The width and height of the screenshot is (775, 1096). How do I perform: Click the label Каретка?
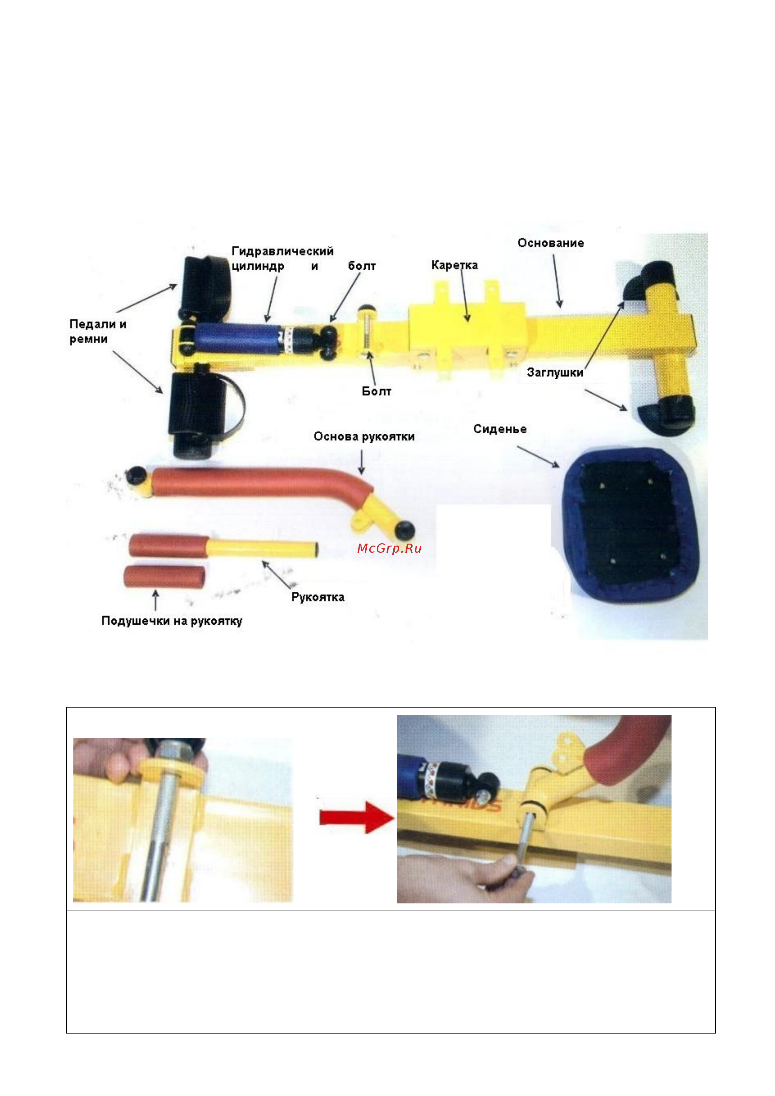pos(454,265)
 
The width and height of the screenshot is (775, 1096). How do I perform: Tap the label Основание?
pos(551,243)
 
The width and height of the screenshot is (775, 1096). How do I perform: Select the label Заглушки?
pos(555,372)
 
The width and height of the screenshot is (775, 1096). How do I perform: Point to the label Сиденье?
pos(500,429)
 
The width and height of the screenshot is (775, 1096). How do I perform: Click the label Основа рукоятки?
pos(364,437)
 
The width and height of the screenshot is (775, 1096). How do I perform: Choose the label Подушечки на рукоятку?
pos(172,621)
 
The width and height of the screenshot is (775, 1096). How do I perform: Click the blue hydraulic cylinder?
pos(237,338)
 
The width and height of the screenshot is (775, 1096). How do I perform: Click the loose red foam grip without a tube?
pos(165,577)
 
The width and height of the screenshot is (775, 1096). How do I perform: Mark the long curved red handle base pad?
pos(258,482)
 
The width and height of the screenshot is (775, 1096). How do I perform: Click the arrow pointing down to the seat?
pos(538,457)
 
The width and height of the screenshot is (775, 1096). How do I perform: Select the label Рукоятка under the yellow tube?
pos(318,597)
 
